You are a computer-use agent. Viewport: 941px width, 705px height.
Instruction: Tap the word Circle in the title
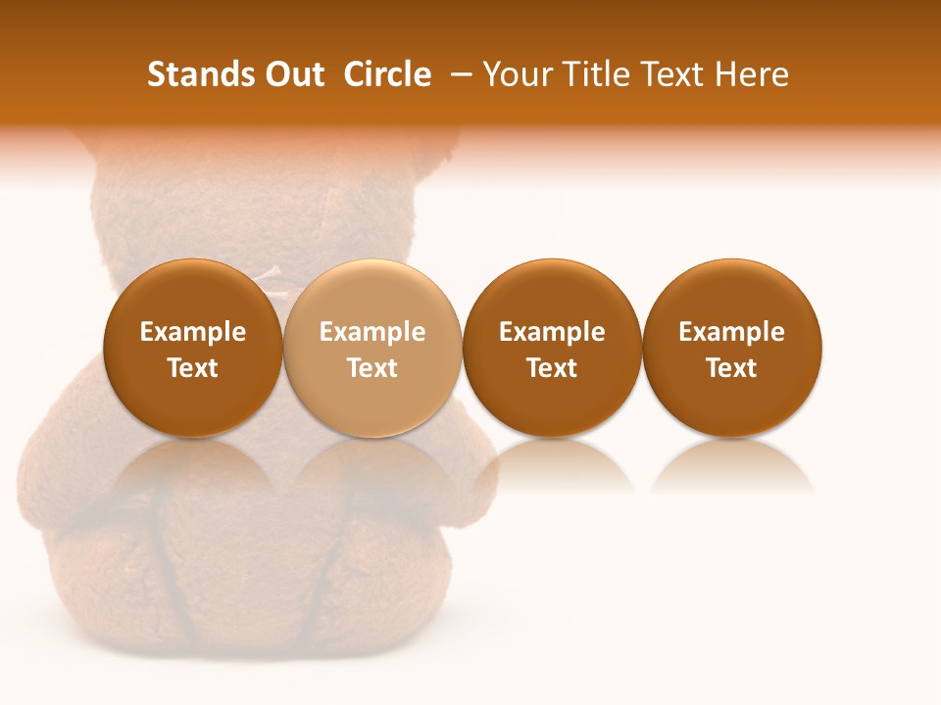coord(387,74)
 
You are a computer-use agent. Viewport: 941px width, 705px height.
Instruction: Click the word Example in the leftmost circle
coord(193,332)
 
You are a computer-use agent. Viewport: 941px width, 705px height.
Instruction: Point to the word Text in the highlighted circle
coord(372,368)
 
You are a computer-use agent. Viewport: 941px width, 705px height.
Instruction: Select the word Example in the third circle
coord(552,332)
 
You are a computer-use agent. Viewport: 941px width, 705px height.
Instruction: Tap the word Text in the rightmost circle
coord(731,368)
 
